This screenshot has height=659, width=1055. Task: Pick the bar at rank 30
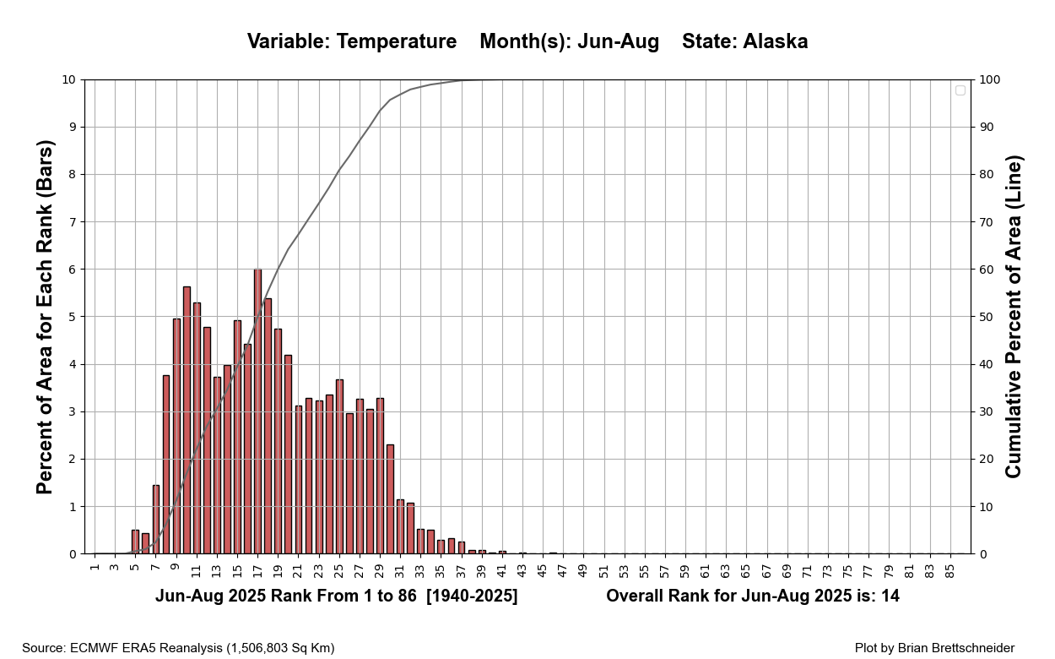coord(390,499)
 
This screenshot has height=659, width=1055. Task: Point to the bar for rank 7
coord(156,520)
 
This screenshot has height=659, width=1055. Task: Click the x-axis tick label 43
coord(522,571)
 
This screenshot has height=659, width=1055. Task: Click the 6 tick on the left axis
coord(71,270)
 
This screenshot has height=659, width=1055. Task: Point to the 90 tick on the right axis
coord(987,128)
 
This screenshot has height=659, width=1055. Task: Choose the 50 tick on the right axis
coord(987,317)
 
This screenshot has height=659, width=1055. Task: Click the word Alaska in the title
coord(775,41)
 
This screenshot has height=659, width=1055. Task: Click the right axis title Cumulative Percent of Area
coord(1014,317)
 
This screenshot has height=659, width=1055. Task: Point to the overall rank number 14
coord(890,596)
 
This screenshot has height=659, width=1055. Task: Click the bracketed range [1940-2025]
coord(472,596)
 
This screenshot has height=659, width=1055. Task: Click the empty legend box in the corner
coord(960,90)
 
